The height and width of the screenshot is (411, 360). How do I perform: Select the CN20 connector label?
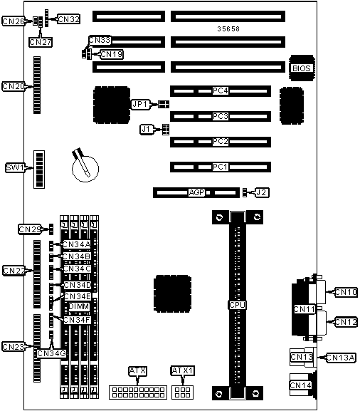coord(14,86)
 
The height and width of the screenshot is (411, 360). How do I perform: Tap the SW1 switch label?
coord(15,167)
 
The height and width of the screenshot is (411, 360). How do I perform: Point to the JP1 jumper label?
coord(140,104)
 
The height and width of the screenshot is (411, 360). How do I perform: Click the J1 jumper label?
coord(147,129)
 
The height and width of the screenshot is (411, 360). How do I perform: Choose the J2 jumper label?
coord(262,192)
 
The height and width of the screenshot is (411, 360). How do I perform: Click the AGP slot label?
coord(196,192)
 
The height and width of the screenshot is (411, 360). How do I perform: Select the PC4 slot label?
coord(221,91)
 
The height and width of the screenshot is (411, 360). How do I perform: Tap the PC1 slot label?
coord(221,167)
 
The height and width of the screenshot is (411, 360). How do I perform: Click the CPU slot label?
coord(236,305)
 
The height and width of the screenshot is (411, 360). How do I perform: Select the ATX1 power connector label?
coord(183,370)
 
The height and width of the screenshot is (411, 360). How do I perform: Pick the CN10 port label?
coord(345,291)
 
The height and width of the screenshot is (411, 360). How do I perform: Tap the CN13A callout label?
coord(342,357)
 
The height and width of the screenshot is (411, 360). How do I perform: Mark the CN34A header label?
coord(76,244)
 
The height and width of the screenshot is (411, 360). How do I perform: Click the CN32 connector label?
coord(68,19)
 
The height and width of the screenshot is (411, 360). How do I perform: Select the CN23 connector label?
coord(14,347)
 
